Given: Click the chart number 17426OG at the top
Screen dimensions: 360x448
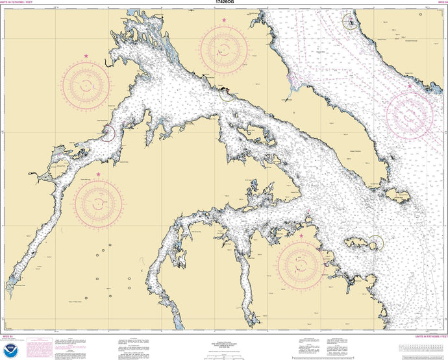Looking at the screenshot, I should click(x=224, y=3).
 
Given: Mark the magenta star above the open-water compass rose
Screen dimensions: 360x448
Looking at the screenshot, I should click(x=410, y=86).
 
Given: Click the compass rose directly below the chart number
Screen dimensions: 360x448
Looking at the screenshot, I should click(x=224, y=49).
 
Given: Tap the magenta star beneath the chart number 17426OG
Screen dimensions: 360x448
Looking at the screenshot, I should click(x=224, y=21).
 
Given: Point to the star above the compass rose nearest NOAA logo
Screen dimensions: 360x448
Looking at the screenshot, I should click(x=98, y=174).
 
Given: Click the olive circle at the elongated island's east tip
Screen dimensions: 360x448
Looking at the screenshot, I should click(x=376, y=243).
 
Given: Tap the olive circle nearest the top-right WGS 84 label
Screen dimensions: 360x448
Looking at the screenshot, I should click(x=350, y=22).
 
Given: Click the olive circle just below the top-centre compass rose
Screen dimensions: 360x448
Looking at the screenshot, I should click(x=227, y=95).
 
